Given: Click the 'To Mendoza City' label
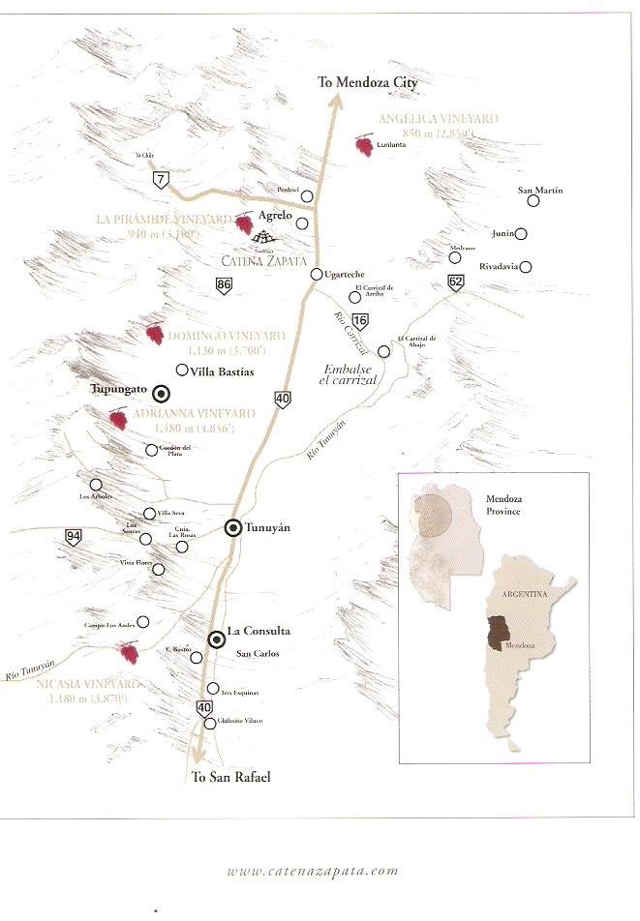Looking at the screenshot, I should [x=368, y=83].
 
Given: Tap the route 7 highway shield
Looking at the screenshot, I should [x=160, y=179].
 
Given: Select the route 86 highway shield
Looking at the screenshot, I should [x=224, y=285].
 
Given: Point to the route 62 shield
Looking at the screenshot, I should [x=456, y=282].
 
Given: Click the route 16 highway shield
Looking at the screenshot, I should [x=361, y=320].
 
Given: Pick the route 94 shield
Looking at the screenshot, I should [x=74, y=537].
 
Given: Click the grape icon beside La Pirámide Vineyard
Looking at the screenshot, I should [x=244, y=223].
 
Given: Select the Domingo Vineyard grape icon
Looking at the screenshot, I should [x=153, y=334].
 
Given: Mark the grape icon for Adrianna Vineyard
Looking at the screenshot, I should [x=118, y=419].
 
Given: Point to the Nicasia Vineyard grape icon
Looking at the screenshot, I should [x=127, y=652].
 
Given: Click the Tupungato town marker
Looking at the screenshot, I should [x=161, y=392].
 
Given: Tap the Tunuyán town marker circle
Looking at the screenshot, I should [x=232, y=527].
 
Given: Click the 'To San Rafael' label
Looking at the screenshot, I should [x=230, y=777].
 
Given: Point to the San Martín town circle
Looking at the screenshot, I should [x=532, y=201].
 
